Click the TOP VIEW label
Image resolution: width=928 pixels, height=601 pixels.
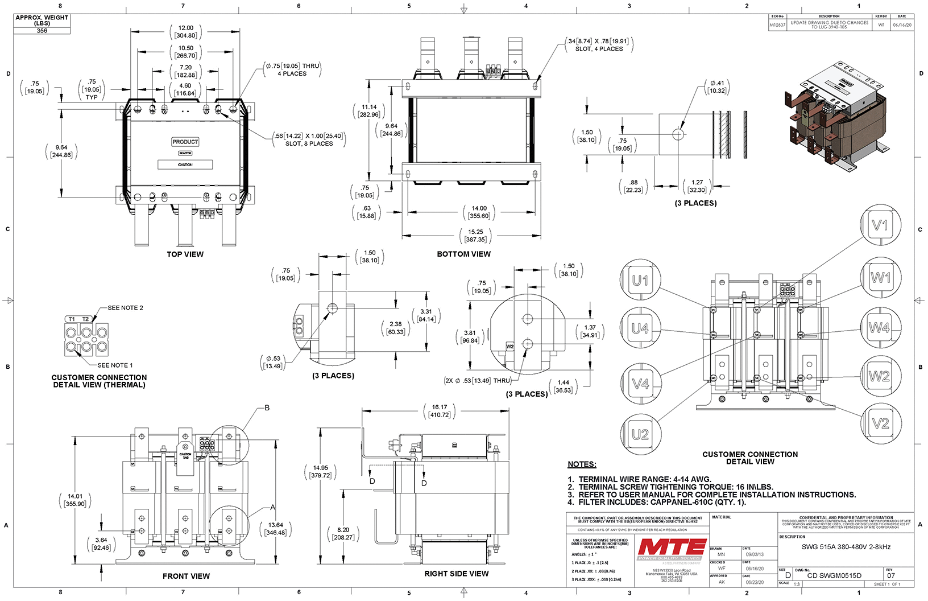point(185,254)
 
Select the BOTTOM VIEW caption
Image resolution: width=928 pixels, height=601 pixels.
point(463,254)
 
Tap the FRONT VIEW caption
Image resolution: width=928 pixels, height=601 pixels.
point(186,577)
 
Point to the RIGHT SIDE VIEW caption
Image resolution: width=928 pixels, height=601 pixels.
point(456,574)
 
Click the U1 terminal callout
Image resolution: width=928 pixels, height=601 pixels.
point(640,280)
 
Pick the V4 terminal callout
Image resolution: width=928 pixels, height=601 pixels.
point(640,384)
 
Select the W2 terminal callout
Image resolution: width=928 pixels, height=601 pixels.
point(879,376)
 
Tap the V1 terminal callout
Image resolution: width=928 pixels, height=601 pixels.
point(880,225)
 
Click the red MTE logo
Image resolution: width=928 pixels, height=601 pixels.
point(672,548)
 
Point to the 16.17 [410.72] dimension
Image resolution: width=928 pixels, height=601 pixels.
point(440,411)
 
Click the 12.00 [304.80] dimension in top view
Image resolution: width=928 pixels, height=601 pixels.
point(185,31)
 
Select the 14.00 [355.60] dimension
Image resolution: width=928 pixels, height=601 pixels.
point(479,212)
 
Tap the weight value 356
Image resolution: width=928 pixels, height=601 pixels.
point(42,31)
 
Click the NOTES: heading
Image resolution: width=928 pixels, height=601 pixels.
point(582,464)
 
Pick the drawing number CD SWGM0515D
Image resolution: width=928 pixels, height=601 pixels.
point(834,575)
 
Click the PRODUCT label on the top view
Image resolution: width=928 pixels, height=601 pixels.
point(185,142)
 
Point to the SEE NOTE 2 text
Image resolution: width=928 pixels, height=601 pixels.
point(125,308)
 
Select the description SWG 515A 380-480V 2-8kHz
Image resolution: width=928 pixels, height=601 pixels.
point(846,547)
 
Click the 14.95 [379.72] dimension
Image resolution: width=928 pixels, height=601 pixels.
point(321,472)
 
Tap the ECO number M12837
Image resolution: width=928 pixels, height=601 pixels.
point(777,25)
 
